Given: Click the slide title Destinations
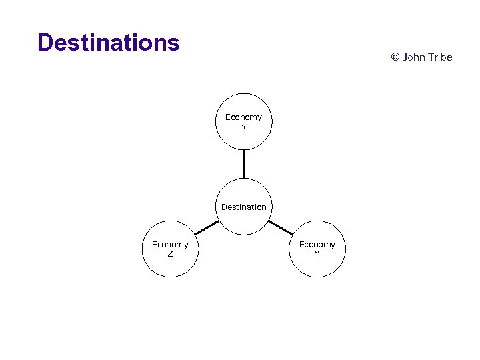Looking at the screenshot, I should (109, 43).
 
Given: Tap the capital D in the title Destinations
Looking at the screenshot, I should (45, 43).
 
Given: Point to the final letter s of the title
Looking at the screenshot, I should (174, 43).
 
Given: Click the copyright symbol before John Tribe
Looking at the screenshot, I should (395, 57).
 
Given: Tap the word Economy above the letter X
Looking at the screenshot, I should (243, 117).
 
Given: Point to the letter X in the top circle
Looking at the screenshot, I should (243, 127).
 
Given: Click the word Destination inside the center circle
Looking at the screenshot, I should (244, 207).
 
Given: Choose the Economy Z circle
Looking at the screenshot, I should (170, 249).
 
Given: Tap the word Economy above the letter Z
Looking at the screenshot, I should (170, 245).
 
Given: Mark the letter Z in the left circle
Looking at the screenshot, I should (170, 254).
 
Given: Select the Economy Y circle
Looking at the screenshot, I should (317, 249).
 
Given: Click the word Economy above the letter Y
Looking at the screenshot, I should (317, 245).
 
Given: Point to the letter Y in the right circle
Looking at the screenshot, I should (317, 254).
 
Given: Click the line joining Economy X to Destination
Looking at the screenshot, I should (244, 164).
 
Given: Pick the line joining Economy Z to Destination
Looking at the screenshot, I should (207, 228).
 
